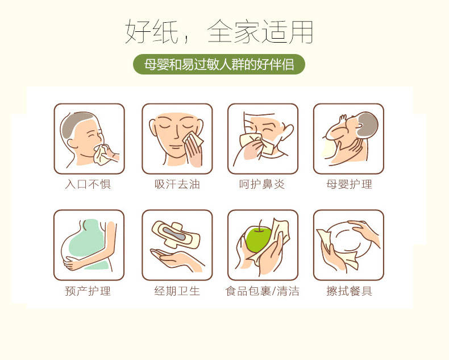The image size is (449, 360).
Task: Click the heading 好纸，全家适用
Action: tap(219, 31)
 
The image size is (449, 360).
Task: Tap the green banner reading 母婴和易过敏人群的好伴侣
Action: tap(219, 64)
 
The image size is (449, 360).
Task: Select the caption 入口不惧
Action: tap(88, 184)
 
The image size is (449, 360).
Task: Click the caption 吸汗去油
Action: tap(177, 184)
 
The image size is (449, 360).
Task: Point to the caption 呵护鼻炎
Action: tap(262, 184)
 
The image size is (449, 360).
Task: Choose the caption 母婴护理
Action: tap(349, 184)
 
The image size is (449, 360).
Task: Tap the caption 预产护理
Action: tap(88, 291)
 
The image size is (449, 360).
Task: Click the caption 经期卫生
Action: tap(177, 291)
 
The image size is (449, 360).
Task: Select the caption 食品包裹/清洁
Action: tap(263, 291)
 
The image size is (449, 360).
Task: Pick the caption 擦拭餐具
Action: tap(349, 291)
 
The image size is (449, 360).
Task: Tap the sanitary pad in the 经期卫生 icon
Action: tap(176, 234)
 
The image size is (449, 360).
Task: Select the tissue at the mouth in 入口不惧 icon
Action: tap(102, 155)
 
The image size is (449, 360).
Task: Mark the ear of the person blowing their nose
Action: tap(287, 131)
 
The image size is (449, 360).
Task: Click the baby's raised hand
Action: tap(343, 118)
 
